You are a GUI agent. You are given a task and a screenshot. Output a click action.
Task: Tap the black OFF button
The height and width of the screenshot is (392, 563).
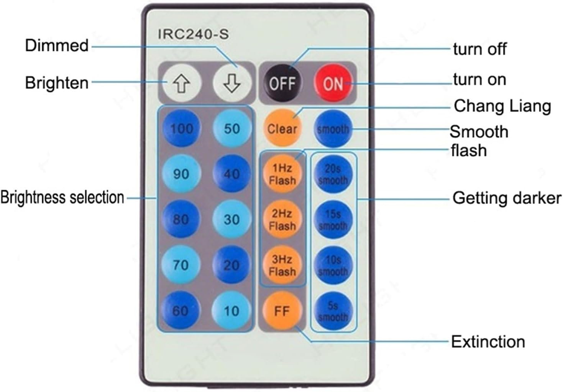pos(282,83)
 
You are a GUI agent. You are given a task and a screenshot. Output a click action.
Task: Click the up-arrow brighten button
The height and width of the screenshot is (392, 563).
pos(181,83)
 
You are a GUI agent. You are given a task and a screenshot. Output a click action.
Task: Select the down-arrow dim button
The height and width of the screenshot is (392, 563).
pos(232,83)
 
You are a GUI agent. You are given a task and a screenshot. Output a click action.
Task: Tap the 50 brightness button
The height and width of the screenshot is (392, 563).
pos(232,128)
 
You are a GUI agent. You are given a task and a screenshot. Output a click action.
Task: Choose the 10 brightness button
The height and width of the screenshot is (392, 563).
pos(231,311)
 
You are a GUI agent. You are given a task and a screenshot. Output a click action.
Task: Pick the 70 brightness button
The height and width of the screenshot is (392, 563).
pos(181,265)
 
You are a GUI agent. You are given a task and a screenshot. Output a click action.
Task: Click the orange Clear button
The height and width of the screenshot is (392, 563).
pos(282,129)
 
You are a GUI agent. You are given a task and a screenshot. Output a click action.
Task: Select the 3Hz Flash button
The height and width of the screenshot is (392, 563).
pos(282,265)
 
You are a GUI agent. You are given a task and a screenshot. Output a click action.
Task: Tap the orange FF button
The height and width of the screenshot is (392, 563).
pos(282,311)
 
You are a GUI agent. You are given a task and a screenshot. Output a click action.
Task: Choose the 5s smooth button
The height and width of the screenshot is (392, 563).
pos(333,311)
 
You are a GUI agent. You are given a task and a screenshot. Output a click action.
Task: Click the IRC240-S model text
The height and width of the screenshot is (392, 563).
pos(193,34)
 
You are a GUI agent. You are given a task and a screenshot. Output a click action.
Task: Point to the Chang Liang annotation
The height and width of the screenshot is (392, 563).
pos(502,106)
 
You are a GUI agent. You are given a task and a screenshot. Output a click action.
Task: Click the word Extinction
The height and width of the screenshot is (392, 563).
pos(488,341)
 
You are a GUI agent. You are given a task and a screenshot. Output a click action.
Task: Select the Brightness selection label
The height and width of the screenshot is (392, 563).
pos(62,198)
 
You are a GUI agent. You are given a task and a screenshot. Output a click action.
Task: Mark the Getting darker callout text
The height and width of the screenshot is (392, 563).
pos(506,198)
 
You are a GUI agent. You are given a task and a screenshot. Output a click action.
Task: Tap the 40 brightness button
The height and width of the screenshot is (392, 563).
pos(232,174)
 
